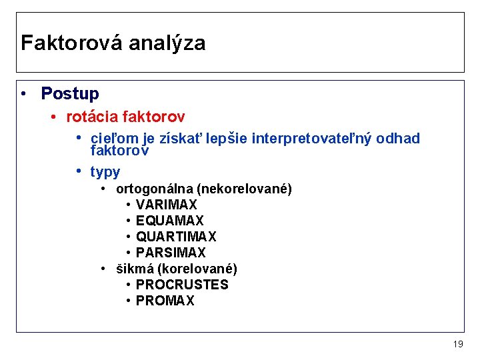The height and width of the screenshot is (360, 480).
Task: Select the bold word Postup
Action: click(x=69, y=94)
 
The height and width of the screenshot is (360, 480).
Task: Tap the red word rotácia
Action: click(x=91, y=117)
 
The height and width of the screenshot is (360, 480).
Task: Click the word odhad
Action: click(x=398, y=139)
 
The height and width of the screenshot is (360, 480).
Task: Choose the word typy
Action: click(x=105, y=173)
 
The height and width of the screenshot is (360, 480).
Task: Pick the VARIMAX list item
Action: click(x=166, y=205)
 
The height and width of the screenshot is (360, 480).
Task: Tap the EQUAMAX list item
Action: click(x=169, y=221)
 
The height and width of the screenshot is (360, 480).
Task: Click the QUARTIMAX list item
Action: click(x=175, y=237)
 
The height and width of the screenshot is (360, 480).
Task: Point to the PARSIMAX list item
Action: click(x=171, y=253)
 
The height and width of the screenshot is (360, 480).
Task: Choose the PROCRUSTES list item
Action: click(x=181, y=285)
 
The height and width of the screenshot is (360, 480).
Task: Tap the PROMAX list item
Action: click(x=165, y=301)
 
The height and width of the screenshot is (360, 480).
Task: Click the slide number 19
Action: click(x=457, y=344)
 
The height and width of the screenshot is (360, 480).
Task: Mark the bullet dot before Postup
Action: click(x=24, y=94)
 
